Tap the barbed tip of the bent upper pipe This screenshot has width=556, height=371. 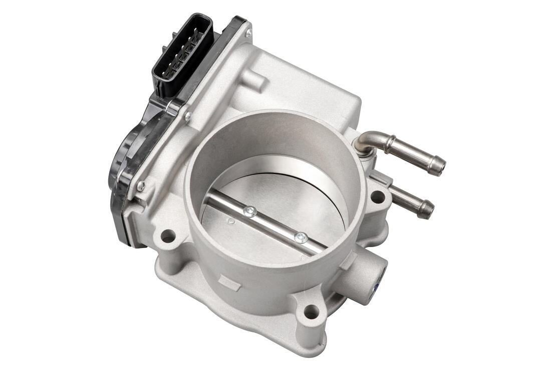point(439,165)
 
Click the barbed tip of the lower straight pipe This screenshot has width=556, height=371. point(426,210)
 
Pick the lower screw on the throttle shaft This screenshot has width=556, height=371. point(301,238)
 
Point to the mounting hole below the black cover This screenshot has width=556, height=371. point(168,236)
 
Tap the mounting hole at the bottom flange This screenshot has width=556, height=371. point(311,311)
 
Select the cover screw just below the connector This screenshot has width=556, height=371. point(187,117)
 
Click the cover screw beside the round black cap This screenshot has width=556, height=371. point(141,186)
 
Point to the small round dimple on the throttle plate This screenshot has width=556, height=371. point(230,221)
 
